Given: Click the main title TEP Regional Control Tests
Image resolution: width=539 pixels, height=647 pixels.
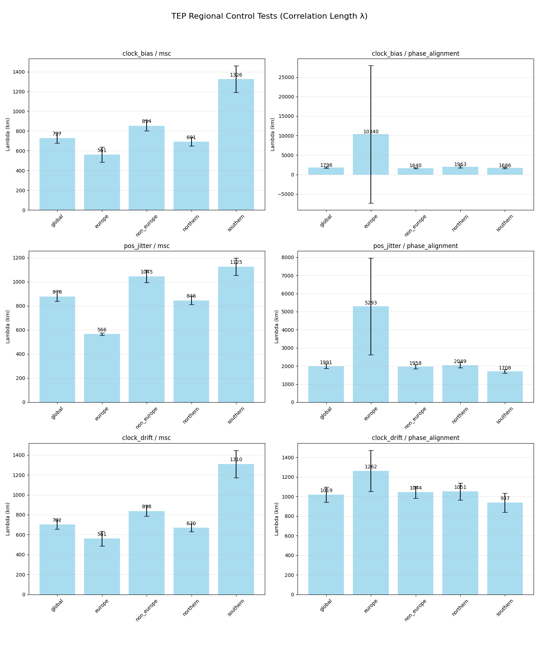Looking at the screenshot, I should (x=269, y=16).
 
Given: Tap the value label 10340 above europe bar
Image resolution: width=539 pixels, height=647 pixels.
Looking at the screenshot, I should (x=370, y=132).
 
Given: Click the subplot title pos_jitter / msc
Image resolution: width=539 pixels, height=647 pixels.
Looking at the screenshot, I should (x=147, y=246).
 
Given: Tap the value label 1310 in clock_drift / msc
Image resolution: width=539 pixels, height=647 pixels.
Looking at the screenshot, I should (x=236, y=460).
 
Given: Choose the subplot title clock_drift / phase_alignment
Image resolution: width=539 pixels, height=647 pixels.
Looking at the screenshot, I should (x=415, y=438).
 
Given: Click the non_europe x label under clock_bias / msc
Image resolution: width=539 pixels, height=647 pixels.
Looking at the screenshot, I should (x=147, y=226).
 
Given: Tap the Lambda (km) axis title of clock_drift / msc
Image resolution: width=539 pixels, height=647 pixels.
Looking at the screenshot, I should (x=8, y=519).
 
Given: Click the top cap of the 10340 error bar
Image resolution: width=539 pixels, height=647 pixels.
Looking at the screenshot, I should (x=370, y=66).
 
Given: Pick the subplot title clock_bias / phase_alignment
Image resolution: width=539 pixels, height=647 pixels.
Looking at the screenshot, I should (x=415, y=54).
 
